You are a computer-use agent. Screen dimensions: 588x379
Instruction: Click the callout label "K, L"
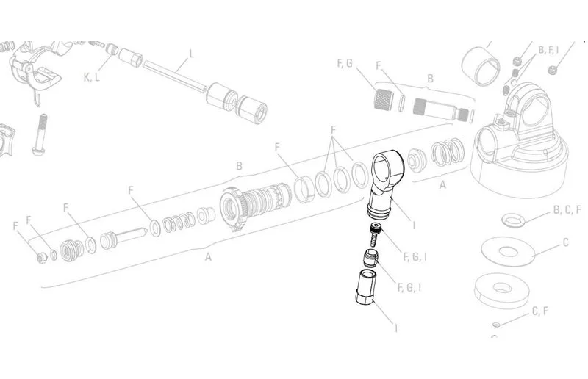91,77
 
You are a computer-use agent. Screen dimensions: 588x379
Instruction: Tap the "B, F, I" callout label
548,49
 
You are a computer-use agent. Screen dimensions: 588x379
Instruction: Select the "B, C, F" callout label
567,210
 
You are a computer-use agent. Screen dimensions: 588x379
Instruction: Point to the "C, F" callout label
540,311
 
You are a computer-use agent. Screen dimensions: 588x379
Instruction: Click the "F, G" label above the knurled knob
345,63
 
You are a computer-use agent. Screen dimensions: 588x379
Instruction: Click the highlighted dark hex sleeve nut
365,287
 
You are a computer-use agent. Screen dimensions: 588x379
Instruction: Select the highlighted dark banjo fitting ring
387,184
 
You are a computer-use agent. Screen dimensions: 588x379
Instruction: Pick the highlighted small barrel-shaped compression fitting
371,259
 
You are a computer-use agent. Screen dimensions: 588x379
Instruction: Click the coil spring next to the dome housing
448,152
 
